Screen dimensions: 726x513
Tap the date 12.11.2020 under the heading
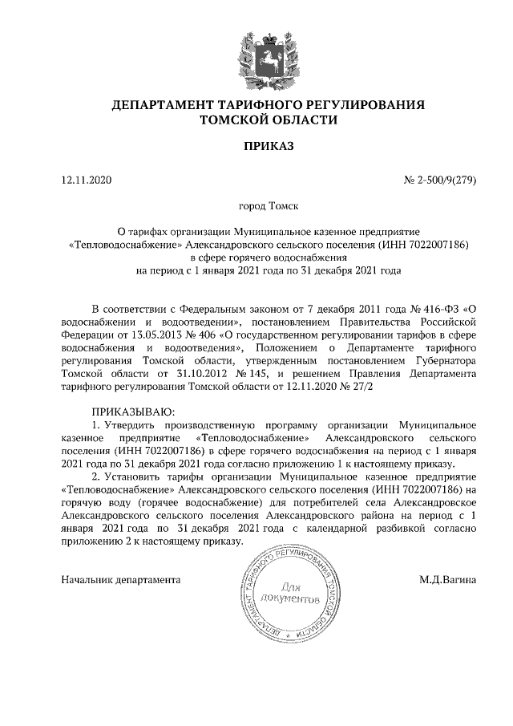coord(87,180)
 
